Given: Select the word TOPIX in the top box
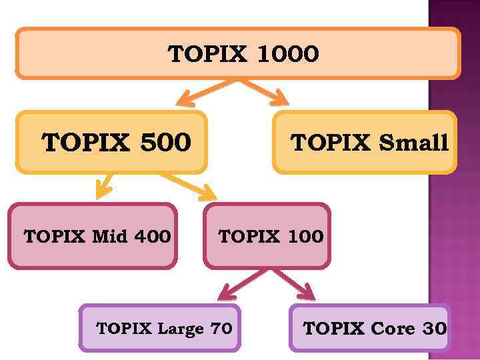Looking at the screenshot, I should coord(208,54).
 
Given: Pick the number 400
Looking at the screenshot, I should coord(152,236).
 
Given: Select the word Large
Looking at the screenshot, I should coord(180,329).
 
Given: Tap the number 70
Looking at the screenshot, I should coord(221,329).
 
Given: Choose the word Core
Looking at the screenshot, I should coord(393,329).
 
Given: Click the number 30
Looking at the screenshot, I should coord(434,329).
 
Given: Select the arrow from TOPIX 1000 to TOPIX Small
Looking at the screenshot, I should coord(265,93).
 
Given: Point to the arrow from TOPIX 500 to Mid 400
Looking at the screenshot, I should coord(103,186).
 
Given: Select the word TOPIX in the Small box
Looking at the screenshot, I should coord(331,143).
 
